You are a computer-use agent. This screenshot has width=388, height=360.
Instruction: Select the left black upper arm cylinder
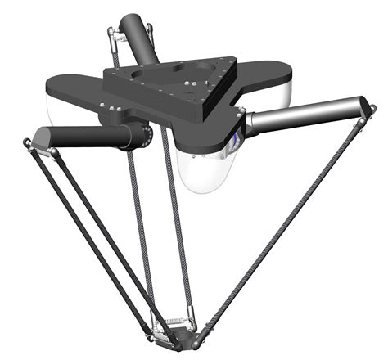(90, 137)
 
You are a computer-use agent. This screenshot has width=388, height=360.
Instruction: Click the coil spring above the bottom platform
(175, 322)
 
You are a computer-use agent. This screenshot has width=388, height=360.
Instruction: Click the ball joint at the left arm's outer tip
(30, 146)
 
